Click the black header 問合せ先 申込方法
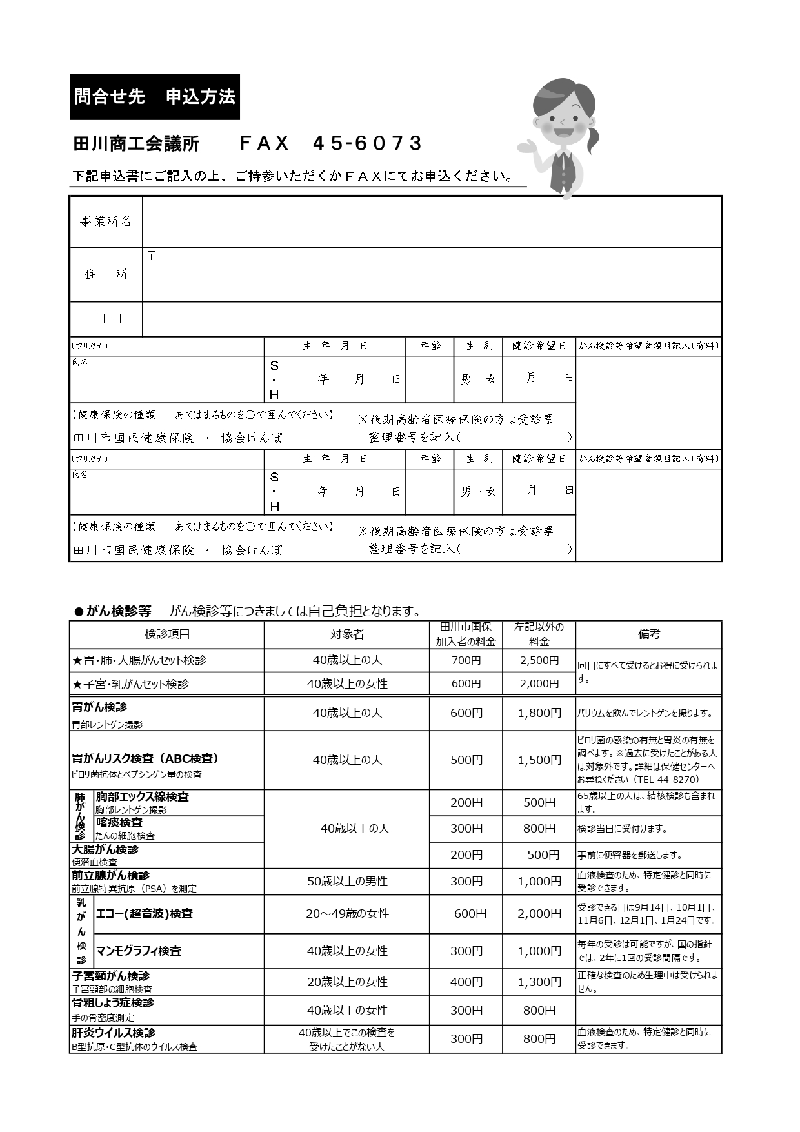(x=155, y=97)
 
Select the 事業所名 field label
(x=106, y=221)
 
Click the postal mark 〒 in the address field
(x=152, y=256)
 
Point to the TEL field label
(x=106, y=319)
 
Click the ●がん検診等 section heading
(x=114, y=611)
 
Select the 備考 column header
(x=648, y=634)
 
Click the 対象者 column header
(x=347, y=634)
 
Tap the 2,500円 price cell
(x=539, y=660)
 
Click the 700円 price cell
(x=466, y=660)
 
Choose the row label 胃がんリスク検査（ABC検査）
(x=146, y=758)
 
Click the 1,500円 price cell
(x=539, y=760)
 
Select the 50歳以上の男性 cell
(x=347, y=882)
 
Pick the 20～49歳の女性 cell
(x=347, y=914)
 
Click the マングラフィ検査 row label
(x=139, y=951)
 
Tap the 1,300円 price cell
(x=539, y=982)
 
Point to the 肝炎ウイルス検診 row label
(x=114, y=1033)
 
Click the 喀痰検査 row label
(x=119, y=823)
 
